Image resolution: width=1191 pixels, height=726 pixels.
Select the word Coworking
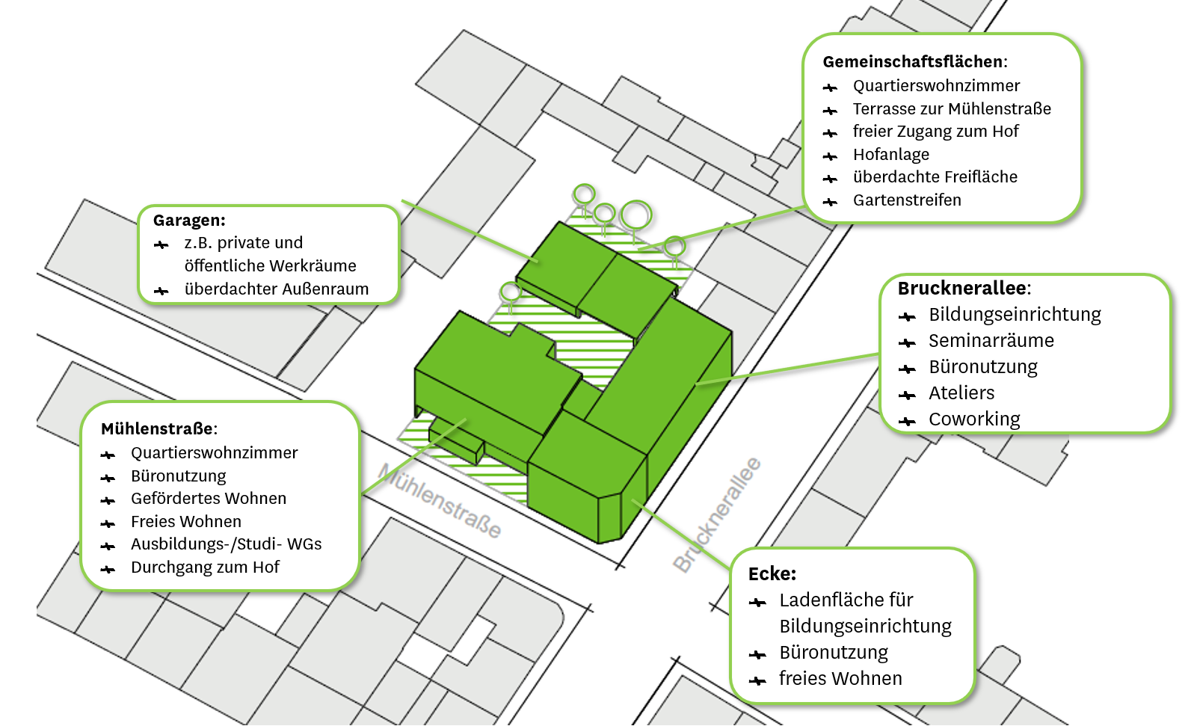click(974, 419)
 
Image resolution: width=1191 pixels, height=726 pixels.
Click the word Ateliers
click(961, 393)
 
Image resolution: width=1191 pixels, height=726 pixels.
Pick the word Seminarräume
click(991, 340)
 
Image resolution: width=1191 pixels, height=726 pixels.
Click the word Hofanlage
click(891, 155)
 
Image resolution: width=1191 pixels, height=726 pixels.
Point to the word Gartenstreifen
click(907, 200)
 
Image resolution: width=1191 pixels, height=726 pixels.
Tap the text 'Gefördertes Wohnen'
click(209, 499)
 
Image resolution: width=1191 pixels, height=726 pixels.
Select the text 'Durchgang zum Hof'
click(205, 567)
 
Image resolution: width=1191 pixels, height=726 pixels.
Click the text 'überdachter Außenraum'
click(277, 289)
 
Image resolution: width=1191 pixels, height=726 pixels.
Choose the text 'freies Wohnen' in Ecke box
click(840, 679)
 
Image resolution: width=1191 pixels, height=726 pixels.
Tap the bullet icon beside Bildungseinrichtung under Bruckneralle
click(907, 317)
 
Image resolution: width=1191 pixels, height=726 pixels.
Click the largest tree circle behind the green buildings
click(636, 215)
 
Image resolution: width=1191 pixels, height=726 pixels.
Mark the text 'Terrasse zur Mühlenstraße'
click(952, 109)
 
